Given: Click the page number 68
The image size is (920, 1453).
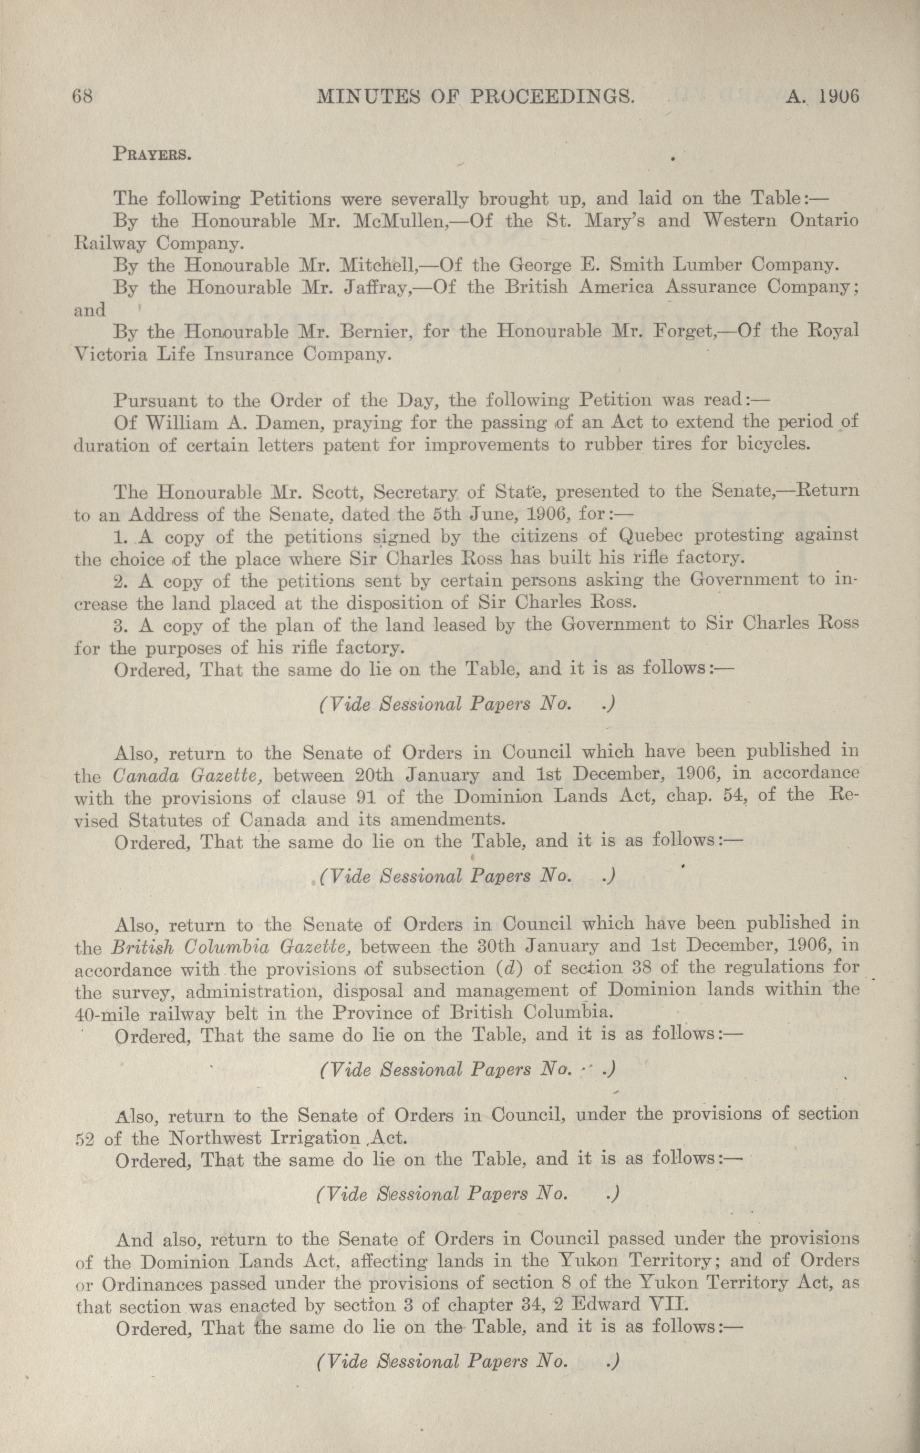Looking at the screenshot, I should point(81,97).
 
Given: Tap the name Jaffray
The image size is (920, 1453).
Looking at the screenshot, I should point(368,287).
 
